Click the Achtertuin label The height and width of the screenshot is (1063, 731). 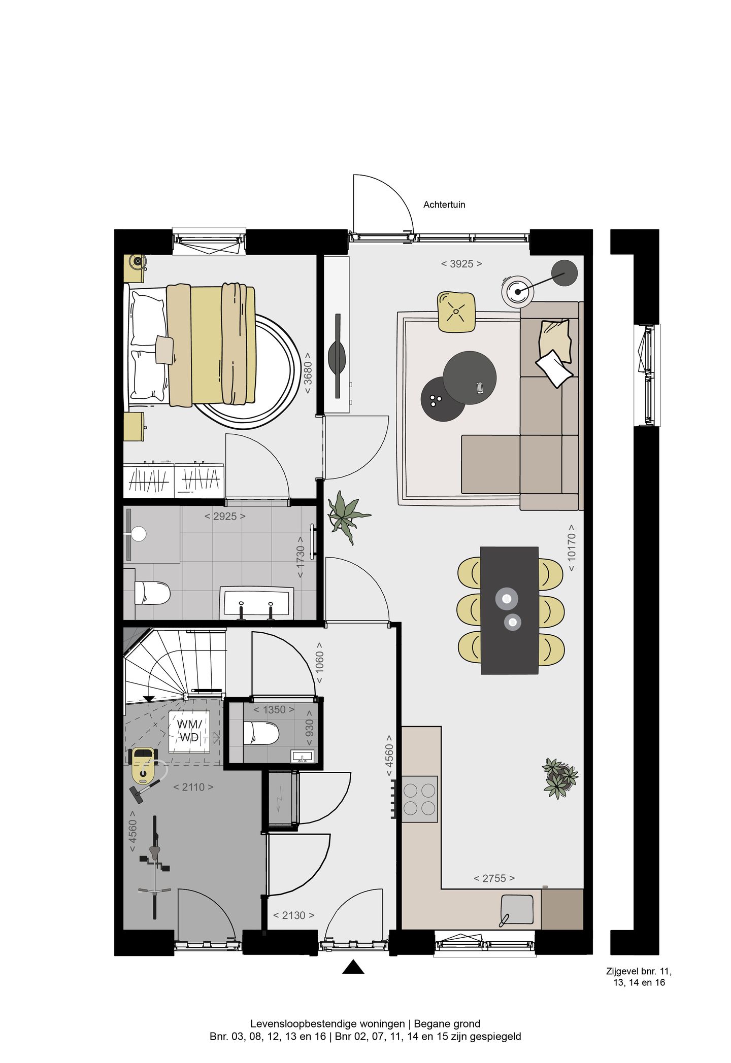click(444, 204)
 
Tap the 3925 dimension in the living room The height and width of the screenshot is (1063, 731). click(461, 264)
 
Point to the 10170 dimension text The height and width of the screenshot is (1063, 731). click(572, 547)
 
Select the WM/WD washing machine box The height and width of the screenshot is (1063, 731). click(189, 731)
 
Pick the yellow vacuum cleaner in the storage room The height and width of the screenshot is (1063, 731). click(143, 765)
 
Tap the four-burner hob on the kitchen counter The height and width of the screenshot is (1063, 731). click(419, 799)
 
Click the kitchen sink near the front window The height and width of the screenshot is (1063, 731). click(517, 909)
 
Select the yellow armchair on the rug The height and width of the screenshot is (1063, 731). click(456, 312)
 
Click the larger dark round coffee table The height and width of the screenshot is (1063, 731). click(470, 378)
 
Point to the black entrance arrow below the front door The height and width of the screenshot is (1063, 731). click(353, 967)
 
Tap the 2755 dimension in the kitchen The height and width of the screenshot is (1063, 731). click(494, 878)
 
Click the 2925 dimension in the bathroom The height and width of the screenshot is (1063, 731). click(224, 517)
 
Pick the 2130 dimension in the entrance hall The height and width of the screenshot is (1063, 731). click(293, 915)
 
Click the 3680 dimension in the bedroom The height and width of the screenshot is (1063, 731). click(308, 373)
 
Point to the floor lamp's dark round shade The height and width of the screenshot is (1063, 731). click(564, 273)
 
